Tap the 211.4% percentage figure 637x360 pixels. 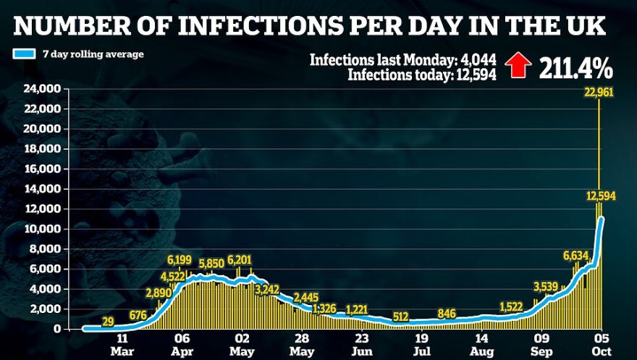click(x=576, y=68)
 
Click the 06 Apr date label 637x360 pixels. click(x=182, y=343)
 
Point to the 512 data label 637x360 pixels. click(x=401, y=317)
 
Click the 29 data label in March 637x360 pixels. click(x=108, y=321)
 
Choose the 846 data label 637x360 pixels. click(x=446, y=313)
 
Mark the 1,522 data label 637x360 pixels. click(x=515, y=306)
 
